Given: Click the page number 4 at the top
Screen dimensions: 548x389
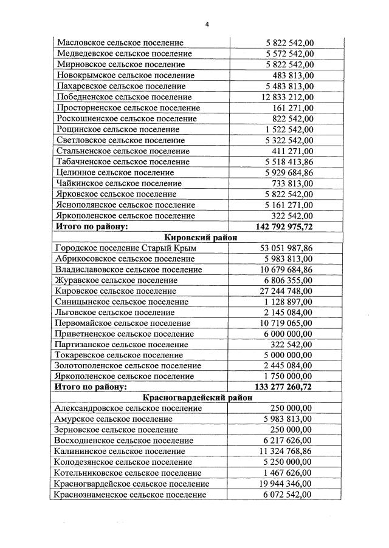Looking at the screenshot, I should click(207, 24).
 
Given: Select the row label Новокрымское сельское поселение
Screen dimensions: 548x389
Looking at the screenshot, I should click(125, 75).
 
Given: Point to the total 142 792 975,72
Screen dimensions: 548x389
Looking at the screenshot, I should click(283, 226).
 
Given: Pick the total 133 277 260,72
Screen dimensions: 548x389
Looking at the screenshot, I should click(283, 386).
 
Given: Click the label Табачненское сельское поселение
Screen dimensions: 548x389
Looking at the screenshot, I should click(123, 162).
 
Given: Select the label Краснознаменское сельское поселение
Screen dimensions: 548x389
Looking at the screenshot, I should click(129, 495).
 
